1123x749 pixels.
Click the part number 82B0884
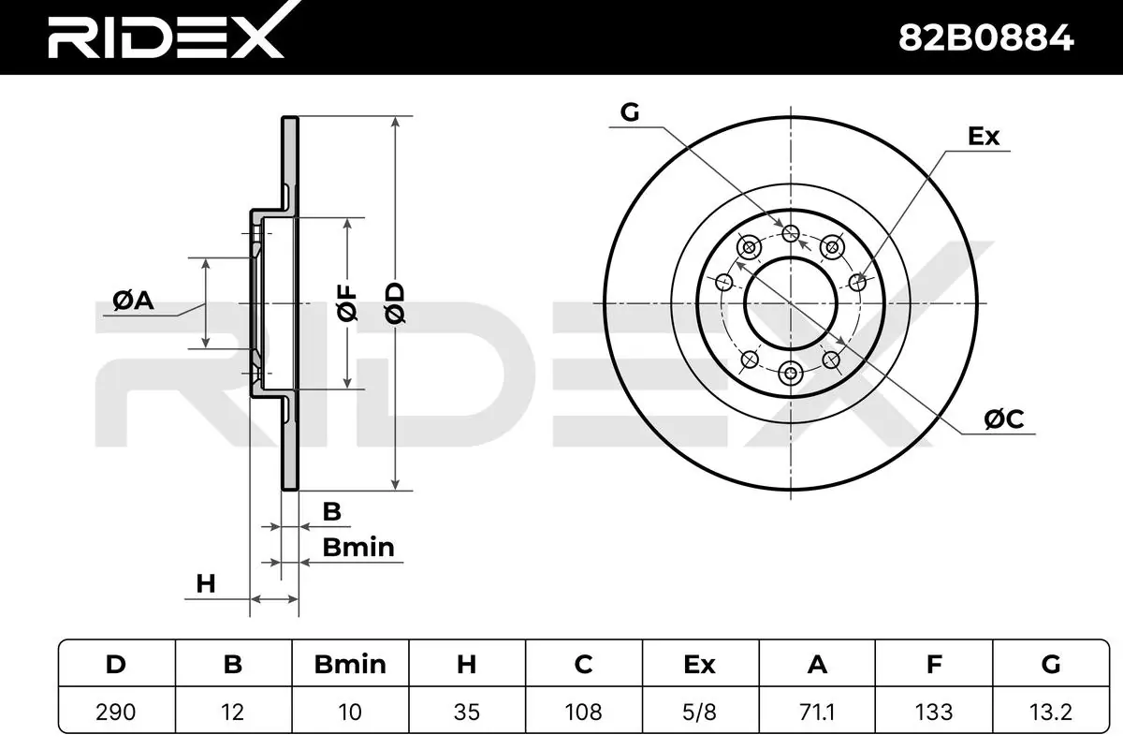click(x=985, y=38)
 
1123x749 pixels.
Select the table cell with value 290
click(x=116, y=712)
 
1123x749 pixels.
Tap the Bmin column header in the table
click(x=350, y=664)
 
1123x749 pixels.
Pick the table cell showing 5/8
click(x=700, y=712)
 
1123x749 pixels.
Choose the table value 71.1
click(x=817, y=712)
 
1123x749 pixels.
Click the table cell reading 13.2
click(x=1051, y=712)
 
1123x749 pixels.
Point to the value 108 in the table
click(x=584, y=712)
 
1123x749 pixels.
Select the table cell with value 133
click(x=934, y=712)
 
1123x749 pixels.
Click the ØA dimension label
click(x=133, y=301)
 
